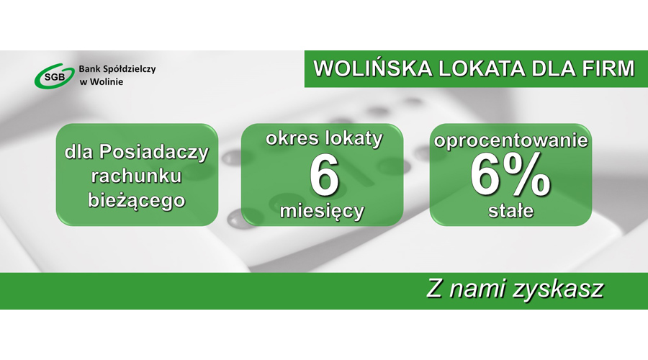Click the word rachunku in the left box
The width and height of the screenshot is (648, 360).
tap(137, 176)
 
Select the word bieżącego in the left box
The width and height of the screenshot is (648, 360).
tap(137, 199)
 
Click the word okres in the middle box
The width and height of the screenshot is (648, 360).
tap(292, 138)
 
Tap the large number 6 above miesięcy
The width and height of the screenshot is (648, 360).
tap(324, 176)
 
